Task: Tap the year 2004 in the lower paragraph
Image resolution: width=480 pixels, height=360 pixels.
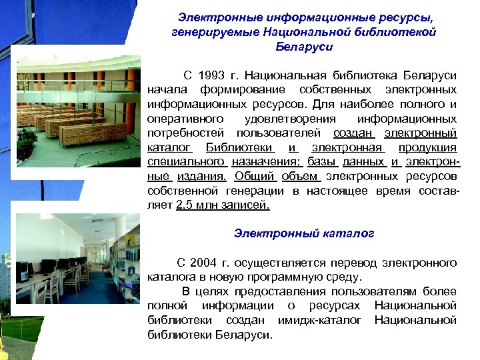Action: click(x=205, y=262)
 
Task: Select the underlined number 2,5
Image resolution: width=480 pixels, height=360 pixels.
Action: click(x=187, y=205)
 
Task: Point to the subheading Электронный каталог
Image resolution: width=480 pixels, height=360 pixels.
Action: click(x=304, y=233)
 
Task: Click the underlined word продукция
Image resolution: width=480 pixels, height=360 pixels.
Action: click(x=427, y=147)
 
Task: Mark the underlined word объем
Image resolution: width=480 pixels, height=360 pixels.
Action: click(x=301, y=177)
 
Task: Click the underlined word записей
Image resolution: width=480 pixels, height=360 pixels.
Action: click(x=246, y=205)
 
